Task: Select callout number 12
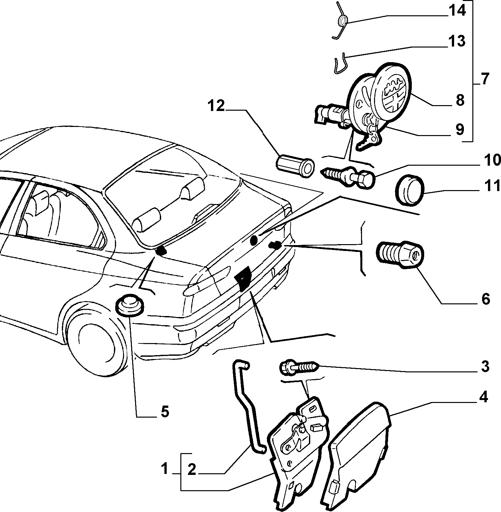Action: [x=216, y=106]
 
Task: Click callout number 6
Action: [x=485, y=299]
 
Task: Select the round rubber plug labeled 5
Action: [x=129, y=305]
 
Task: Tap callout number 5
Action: [x=165, y=412]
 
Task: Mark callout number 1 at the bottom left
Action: [x=165, y=469]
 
